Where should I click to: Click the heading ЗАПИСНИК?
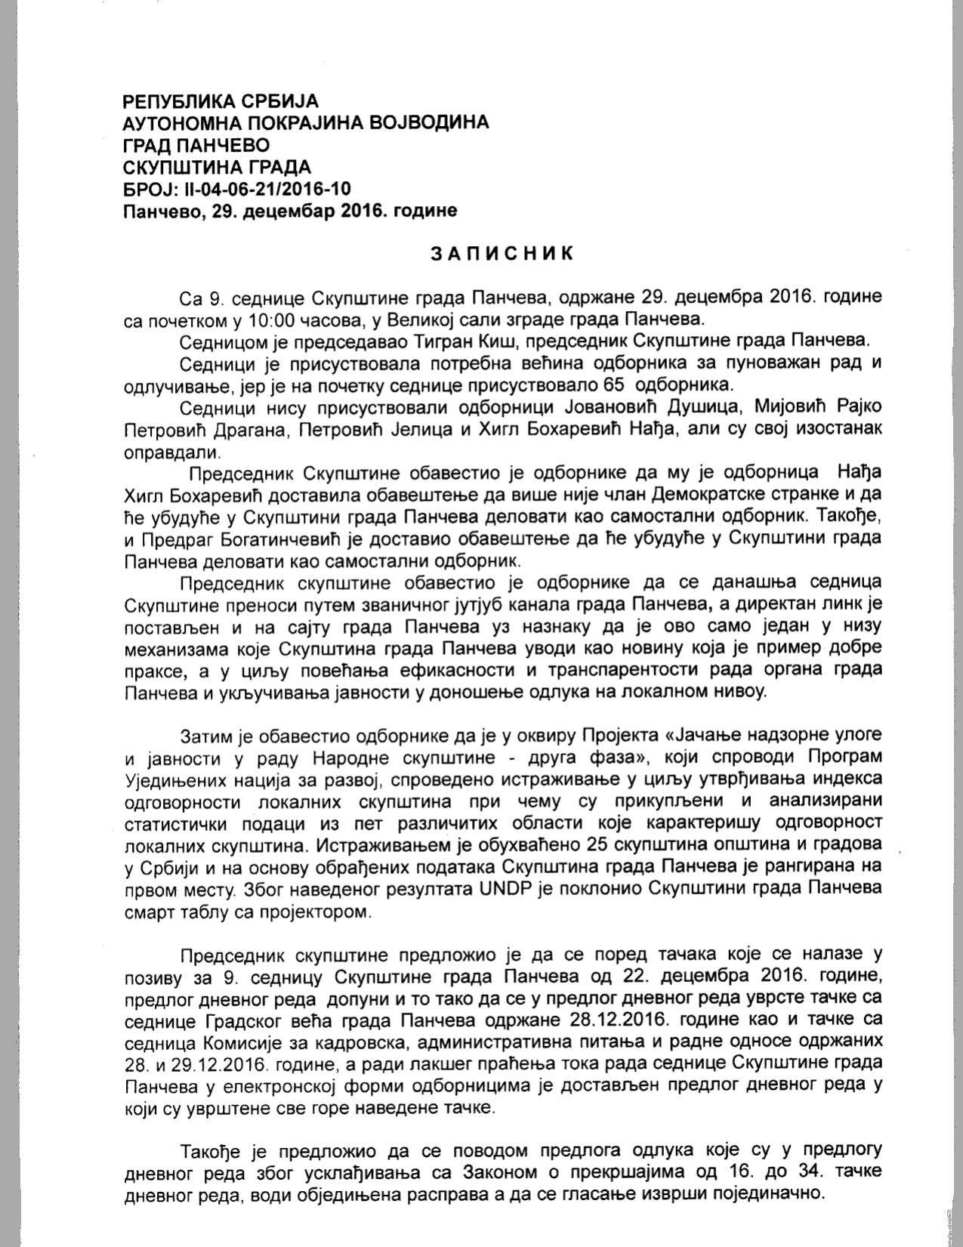tap(502, 253)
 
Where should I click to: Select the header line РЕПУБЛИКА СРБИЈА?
tap(221, 100)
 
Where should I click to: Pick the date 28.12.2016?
tap(616, 1021)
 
